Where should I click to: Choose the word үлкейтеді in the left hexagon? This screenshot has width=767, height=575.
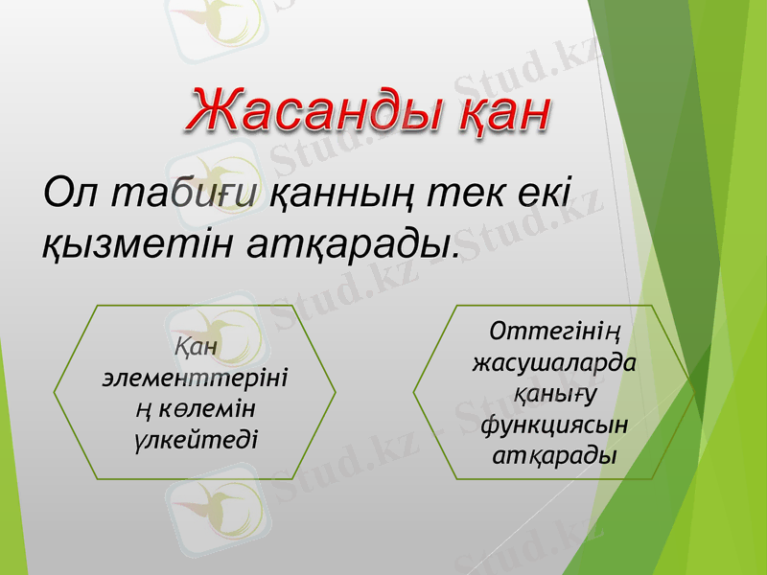point(195,439)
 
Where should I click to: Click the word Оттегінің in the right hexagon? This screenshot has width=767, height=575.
point(551,334)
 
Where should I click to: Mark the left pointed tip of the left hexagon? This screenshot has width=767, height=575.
point(55,392)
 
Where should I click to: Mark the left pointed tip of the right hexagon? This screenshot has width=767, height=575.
point(413,392)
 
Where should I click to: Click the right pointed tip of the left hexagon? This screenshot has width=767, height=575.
point(336,392)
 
